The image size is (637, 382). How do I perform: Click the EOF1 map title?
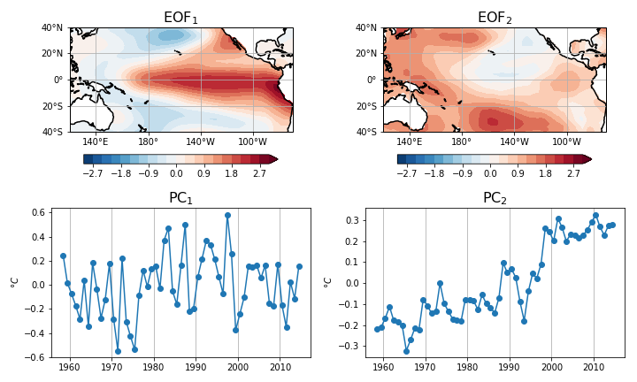(x=181, y=18)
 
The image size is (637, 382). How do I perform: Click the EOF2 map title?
(x=495, y=18)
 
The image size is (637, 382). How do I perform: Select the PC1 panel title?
(x=180, y=198)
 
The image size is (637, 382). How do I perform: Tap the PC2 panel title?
(x=495, y=198)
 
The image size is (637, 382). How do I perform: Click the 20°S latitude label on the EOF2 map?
(x=365, y=106)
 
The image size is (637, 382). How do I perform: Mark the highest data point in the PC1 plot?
(x=227, y=215)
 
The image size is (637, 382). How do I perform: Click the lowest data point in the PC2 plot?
(x=406, y=351)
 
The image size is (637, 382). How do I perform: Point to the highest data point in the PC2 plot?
(x=595, y=215)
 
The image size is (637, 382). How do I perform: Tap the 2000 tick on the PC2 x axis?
(x=551, y=366)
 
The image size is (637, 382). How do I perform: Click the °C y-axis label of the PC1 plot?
(x=15, y=282)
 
